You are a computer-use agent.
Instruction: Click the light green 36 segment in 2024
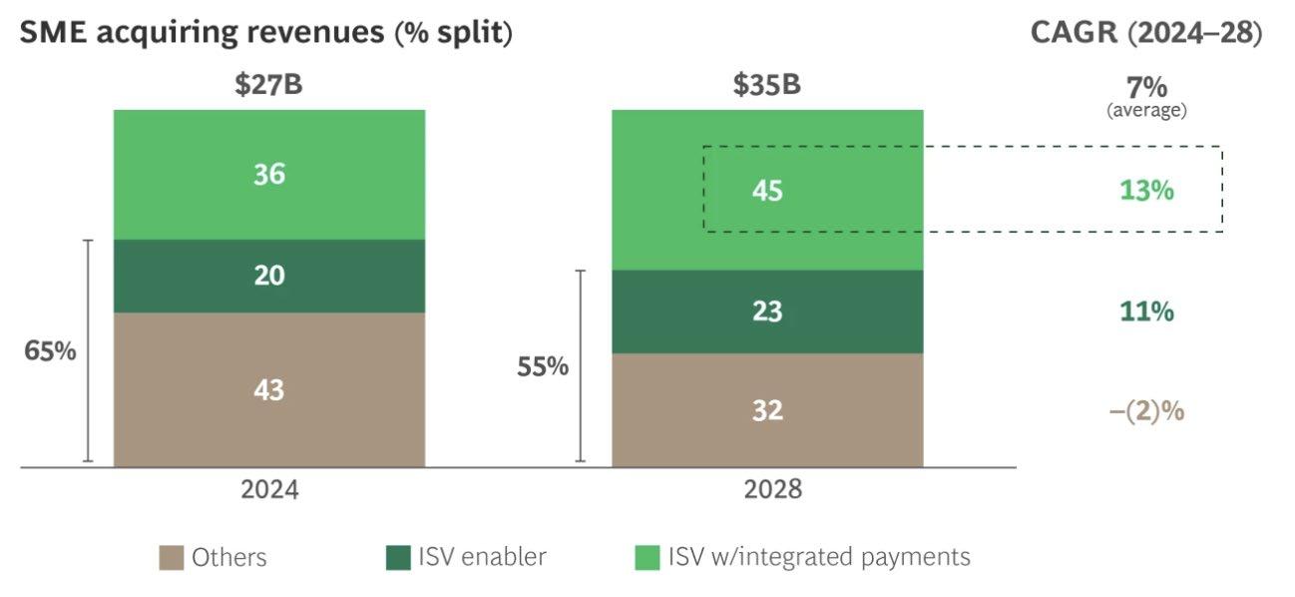tap(268, 175)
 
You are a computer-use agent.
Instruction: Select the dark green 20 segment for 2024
tap(268, 276)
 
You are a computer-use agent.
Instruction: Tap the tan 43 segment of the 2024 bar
tap(268, 389)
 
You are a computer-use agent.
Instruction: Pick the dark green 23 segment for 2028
tap(767, 311)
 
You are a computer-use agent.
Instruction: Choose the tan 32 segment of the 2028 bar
tap(767, 409)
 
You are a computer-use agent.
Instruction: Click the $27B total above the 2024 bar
tap(268, 85)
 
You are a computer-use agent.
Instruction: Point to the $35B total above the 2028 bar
tap(766, 85)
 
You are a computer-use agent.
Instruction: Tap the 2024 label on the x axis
tap(268, 490)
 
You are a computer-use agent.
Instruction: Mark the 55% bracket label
tap(543, 366)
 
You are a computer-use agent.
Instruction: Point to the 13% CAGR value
tap(1145, 190)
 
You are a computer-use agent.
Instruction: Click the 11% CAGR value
tap(1145, 311)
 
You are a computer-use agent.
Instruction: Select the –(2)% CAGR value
tap(1146, 410)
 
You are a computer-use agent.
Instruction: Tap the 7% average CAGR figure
tap(1146, 86)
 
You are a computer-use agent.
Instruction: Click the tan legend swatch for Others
tap(171, 558)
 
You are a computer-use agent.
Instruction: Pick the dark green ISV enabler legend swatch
tap(398, 558)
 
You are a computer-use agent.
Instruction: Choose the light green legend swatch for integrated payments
tap(647, 558)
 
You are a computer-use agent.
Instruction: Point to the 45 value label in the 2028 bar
tap(767, 190)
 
